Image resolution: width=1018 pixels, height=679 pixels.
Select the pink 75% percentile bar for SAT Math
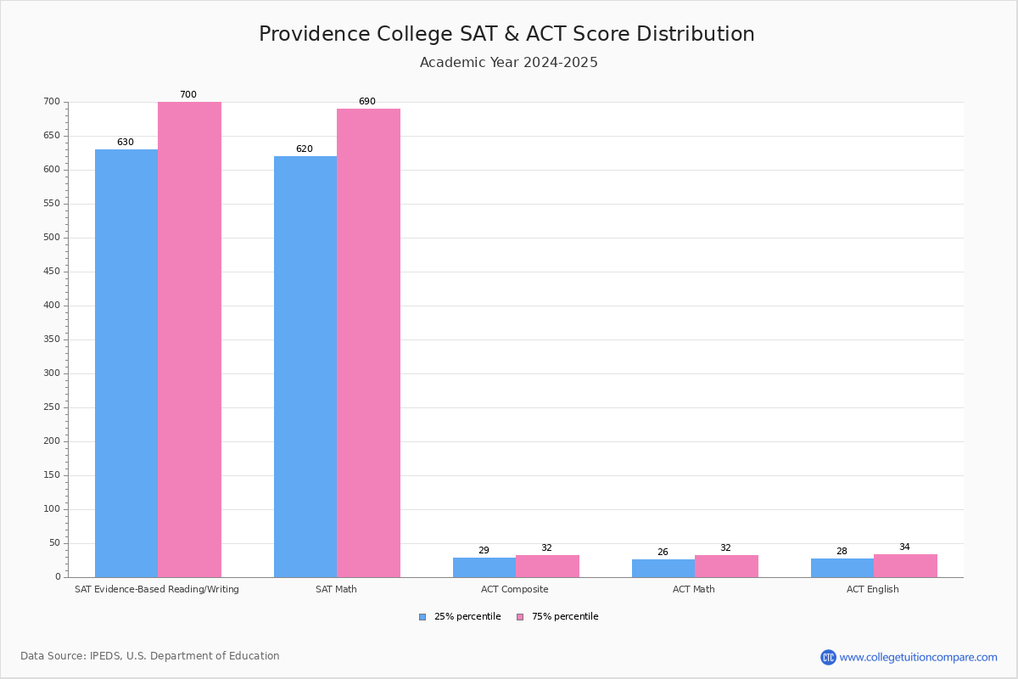(368, 343)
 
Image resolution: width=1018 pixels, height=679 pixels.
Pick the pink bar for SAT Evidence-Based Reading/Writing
(189, 339)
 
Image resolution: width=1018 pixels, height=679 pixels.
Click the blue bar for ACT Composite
(484, 568)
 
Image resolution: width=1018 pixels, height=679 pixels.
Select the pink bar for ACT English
(905, 566)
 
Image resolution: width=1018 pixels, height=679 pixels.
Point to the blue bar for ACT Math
(663, 569)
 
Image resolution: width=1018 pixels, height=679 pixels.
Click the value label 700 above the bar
(188, 95)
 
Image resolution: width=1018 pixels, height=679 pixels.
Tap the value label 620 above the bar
(305, 149)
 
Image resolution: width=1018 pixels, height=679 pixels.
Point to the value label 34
(904, 547)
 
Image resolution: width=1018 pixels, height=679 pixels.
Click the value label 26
(663, 553)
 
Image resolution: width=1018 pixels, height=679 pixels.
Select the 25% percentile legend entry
(460, 617)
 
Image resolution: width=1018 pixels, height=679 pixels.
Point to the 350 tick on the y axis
(52, 339)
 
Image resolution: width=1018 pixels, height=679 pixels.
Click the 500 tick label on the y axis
(52, 238)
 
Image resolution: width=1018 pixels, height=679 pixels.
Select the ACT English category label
(873, 589)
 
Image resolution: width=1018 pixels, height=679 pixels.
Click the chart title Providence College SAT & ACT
(506, 34)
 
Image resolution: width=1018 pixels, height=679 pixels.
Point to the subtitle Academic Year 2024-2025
(509, 63)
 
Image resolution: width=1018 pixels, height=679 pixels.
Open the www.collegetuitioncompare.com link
(918, 657)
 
